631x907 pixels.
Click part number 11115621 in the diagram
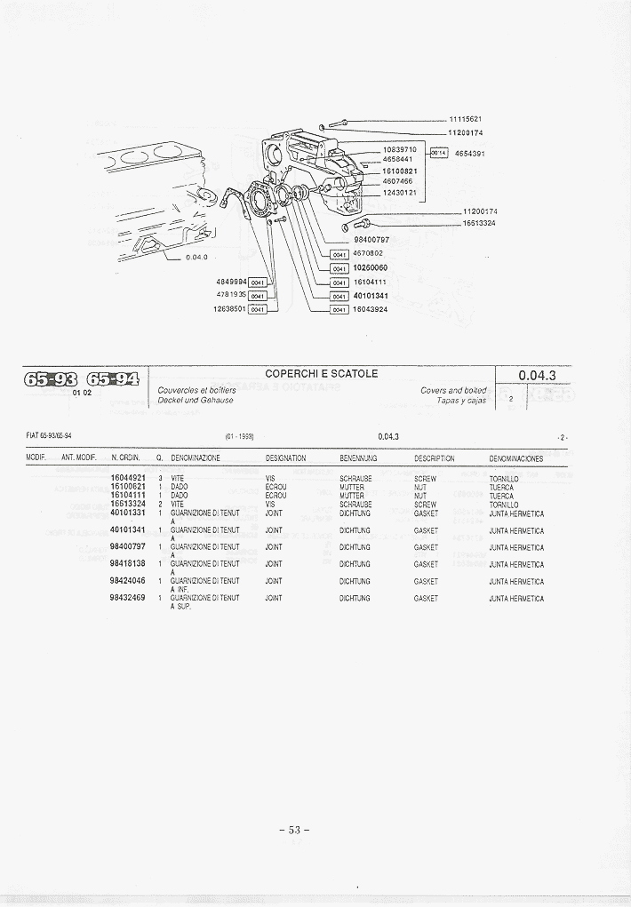pos(465,119)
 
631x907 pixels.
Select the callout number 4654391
pos(469,154)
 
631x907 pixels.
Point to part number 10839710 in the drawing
pos(399,149)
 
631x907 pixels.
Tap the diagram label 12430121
pos(399,192)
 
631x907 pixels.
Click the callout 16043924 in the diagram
pos(371,309)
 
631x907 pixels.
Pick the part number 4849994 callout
pos(230,282)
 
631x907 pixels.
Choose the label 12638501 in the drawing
pos(230,309)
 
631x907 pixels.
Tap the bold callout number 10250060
pos(371,267)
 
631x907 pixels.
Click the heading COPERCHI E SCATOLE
pos(321,374)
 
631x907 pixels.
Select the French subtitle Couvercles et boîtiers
pos(196,391)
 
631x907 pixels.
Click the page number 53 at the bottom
pos(294,831)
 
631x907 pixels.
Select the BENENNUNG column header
pos(358,458)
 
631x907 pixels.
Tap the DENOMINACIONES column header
pos(515,458)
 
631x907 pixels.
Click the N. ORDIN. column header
pos(126,458)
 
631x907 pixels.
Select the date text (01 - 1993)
pos(240,436)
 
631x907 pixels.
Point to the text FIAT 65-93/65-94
pos(49,435)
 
